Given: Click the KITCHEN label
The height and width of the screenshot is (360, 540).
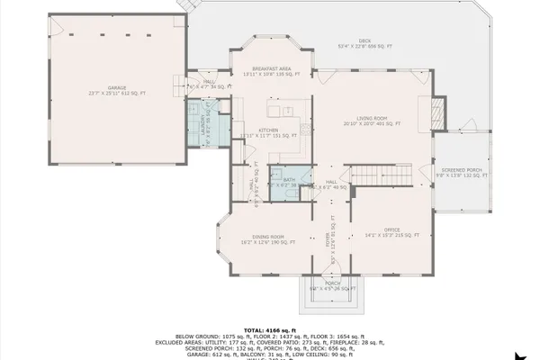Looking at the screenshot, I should click(x=269, y=130).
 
